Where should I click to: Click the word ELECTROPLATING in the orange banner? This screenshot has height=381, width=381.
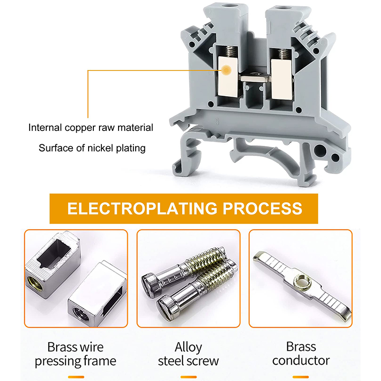pyautogui.click(x=142, y=209)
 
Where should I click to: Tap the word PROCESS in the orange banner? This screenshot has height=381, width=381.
pyautogui.click(x=262, y=209)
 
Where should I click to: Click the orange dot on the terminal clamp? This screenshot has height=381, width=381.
pyautogui.click(x=227, y=70)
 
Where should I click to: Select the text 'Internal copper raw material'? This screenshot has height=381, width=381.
pyautogui.click(x=90, y=128)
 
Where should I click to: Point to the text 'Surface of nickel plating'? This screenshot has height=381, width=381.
pyautogui.click(x=92, y=148)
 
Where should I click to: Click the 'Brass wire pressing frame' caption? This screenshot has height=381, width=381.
pyautogui.click(x=76, y=354)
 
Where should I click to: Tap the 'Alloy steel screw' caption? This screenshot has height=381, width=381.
pyautogui.click(x=188, y=354)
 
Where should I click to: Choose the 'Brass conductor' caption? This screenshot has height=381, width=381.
pyautogui.click(x=301, y=353)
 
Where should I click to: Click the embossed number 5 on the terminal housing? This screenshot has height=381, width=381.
pyautogui.click(x=217, y=121)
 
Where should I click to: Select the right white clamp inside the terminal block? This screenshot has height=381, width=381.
pyautogui.click(x=281, y=80)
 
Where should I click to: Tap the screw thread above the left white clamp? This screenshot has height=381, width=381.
pyautogui.click(x=230, y=51)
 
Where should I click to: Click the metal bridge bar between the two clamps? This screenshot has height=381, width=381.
pyautogui.click(x=255, y=78)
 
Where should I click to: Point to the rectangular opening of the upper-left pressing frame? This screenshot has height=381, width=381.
pyautogui.click(x=54, y=253)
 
